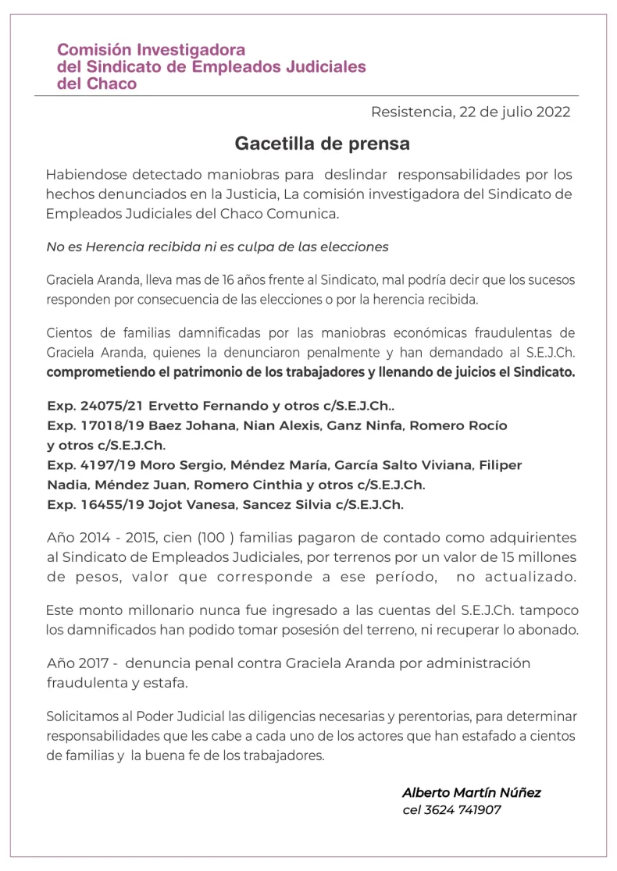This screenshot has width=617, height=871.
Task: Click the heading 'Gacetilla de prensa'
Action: tap(322, 144)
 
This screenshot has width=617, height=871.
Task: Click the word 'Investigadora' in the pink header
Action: tap(196, 50)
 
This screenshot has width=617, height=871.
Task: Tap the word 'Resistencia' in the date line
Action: tap(410, 112)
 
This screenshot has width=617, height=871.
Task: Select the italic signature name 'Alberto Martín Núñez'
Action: tap(471, 792)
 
